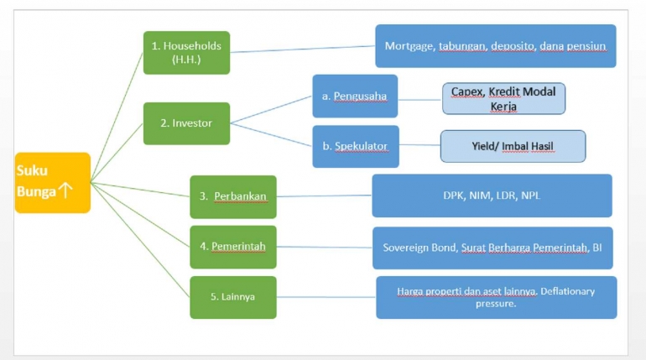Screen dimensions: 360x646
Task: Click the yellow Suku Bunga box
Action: pyautogui.click(x=52, y=181)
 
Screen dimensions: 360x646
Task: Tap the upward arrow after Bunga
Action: pyautogui.click(x=65, y=191)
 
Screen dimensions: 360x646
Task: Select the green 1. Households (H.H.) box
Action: pyautogui.click(x=186, y=52)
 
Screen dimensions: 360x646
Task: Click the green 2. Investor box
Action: pyautogui.click(x=186, y=123)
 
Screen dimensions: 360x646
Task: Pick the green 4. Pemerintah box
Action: pyautogui.click(x=232, y=247)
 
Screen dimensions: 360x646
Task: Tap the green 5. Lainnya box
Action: pyautogui.click(x=232, y=296)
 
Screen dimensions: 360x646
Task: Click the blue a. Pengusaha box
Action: pyautogui.click(x=354, y=96)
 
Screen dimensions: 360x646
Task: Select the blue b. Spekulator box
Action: pyautogui.click(x=354, y=146)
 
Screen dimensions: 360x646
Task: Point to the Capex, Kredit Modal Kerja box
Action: pyautogui.click(x=503, y=98)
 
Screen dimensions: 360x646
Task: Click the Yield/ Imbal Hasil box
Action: pyautogui.click(x=513, y=146)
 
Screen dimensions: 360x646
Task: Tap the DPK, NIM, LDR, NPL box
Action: pyautogui.click(x=492, y=196)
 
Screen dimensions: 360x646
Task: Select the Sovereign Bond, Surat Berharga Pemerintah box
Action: pyautogui.click(x=492, y=248)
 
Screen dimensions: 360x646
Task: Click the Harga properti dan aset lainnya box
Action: pyautogui.click(x=496, y=297)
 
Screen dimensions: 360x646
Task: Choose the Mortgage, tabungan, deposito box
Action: pyautogui.click(x=495, y=46)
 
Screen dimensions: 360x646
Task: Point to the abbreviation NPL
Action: pyautogui.click(x=530, y=196)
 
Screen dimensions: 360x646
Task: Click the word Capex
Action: pyautogui.click(x=466, y=91)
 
